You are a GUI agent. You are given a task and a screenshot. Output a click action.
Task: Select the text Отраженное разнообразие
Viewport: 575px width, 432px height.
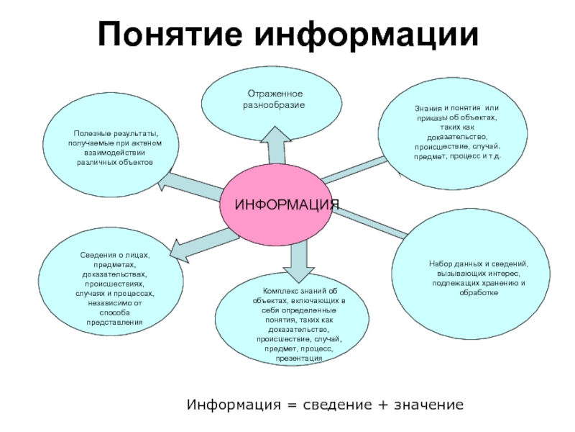coord(275,100)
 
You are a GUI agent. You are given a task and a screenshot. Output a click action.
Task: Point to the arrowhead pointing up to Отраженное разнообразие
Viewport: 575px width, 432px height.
coord(275,135)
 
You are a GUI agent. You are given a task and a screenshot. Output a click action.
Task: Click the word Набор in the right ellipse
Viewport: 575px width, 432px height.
coord(441,264)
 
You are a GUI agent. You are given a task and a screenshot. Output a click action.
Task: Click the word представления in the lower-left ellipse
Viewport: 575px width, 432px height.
coord(110,323)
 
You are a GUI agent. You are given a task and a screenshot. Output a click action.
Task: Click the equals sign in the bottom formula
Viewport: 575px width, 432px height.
coord(287,405)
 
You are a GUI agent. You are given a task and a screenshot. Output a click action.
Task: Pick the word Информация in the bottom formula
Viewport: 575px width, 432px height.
coord(233,405)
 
